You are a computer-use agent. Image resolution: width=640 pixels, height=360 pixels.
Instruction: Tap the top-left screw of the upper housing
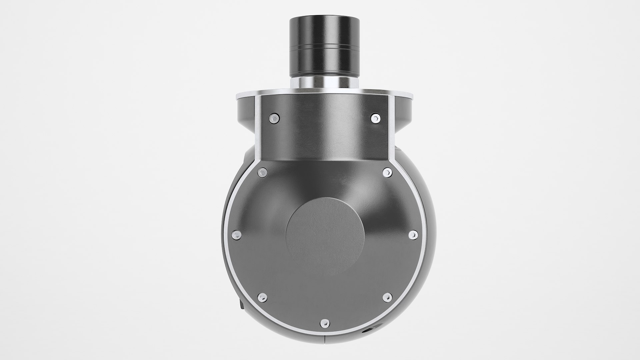274,117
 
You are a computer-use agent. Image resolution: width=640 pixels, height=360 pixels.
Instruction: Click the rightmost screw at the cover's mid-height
413,235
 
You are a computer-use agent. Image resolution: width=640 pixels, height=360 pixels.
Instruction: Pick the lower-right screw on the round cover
387,297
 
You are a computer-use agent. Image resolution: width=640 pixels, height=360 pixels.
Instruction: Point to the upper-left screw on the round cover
263,172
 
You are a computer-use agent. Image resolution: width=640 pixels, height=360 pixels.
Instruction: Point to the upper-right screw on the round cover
387,172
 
